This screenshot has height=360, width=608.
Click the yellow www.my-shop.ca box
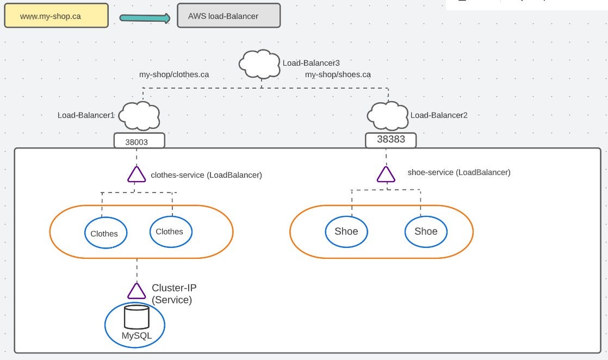pos(56,16)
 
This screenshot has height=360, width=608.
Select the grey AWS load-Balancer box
pos(228,16)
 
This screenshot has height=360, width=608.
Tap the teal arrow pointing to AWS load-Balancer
pos(145,18)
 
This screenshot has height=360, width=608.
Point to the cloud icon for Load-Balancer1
pos(139,115)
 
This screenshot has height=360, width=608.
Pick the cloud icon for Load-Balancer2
pos(387,115)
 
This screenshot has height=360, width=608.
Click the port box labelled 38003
pos(139,141)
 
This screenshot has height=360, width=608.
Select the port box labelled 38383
pos(390,140)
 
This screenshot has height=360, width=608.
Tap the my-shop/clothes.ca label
pos(174,75)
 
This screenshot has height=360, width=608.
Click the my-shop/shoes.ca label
pos(338,75)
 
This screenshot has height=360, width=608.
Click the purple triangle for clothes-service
pos(136,175)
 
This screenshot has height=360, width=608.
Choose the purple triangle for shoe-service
pos(386,174)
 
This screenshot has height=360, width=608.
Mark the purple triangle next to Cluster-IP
pos(137,291)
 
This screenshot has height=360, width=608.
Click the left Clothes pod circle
pos(105,233)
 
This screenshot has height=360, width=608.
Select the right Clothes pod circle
pos(170,231)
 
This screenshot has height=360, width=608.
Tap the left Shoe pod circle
pos(346,231)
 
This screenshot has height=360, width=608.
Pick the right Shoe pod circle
pos(426,231)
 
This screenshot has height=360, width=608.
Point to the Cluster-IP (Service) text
pos(173,294)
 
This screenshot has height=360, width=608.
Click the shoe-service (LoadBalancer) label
pos(458,172)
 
